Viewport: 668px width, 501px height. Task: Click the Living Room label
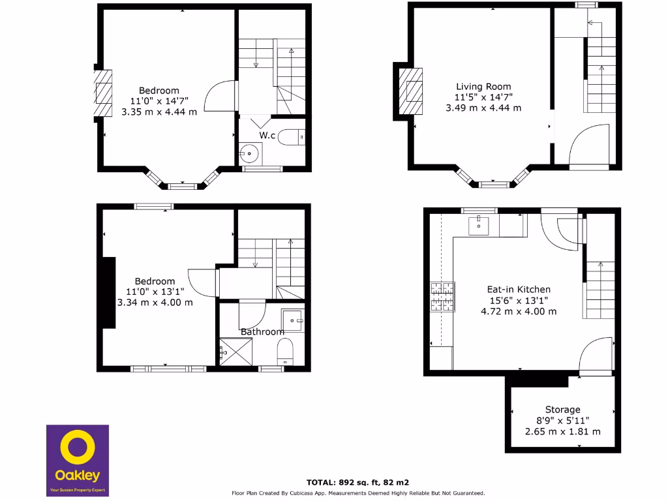pos(483,86)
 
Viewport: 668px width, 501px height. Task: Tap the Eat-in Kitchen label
pos(519,289)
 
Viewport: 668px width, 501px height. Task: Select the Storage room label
pos(563,410)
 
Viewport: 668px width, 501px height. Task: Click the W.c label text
pos(267,135)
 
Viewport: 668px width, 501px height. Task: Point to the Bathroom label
pos(262,331)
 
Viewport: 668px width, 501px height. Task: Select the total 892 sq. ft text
pos(357,482)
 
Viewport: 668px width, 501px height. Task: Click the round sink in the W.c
pos(249,155)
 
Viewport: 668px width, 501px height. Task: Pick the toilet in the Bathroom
pos(286,354)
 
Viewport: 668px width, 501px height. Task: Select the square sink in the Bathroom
pos(292,319)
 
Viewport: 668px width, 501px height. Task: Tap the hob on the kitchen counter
pos(441,296)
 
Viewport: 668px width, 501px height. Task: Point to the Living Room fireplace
pos(410,91)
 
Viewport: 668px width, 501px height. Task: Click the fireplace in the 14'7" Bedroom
pos(103,93)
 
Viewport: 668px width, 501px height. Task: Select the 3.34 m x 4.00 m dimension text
pos(155,302)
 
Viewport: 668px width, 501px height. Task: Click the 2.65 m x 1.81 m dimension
pos(563,431)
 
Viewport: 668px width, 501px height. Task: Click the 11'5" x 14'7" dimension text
pos(483,97)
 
